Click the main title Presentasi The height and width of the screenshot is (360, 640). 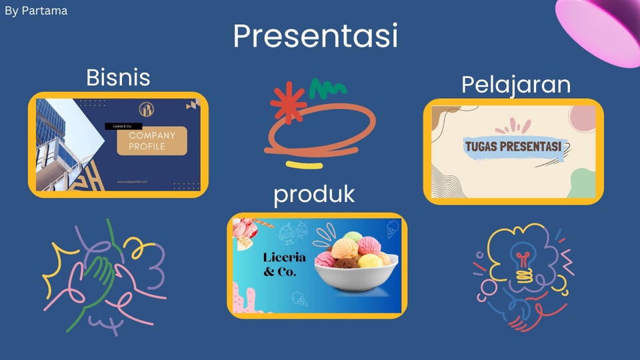pos(315,36)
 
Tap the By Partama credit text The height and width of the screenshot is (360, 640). pos(36,11)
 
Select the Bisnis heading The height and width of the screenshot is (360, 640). pos(118,78)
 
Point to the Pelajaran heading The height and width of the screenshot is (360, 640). pos(516,85)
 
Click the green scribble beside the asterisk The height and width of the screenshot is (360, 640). pos(327,87)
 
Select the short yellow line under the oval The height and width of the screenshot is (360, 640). pos(305,164)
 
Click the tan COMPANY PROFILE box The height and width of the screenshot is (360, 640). pos(152,141)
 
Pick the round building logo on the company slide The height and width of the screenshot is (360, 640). pos(147,111)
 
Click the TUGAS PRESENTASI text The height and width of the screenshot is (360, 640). pos(510,146)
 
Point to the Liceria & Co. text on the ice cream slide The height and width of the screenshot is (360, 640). pos(285,265)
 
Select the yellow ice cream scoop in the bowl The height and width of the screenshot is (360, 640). pos(370,260)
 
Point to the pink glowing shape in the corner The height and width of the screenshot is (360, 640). pos(600,30)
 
